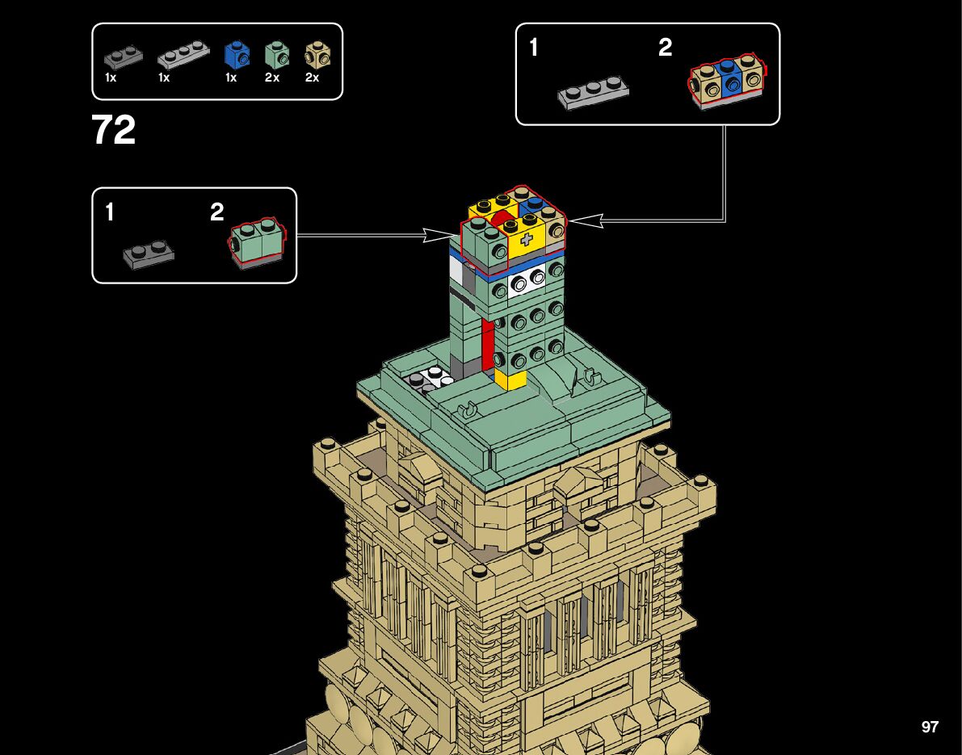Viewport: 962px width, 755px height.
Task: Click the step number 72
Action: (114, 131)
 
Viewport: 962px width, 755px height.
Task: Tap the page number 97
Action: (930, 727)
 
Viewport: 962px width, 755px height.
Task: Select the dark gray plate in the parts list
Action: (123, 57)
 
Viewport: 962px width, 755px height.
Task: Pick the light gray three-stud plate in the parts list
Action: (179, 57)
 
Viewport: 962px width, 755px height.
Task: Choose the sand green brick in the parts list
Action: (276, 56)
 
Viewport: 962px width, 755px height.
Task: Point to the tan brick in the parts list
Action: (316, 55)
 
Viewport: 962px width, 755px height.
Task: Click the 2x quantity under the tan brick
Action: (312, 78)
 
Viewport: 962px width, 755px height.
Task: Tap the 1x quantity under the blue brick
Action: (231, 78)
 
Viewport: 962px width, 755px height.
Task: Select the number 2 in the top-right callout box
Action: (665, 48)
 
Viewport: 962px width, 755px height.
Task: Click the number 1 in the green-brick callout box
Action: (109, 213)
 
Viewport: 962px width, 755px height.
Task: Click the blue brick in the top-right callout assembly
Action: (732, 81)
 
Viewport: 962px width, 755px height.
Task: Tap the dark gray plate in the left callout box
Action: (149, 254)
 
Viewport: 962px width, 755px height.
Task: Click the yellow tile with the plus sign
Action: (527, 240)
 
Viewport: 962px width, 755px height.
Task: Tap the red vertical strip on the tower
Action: (487, 344)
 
